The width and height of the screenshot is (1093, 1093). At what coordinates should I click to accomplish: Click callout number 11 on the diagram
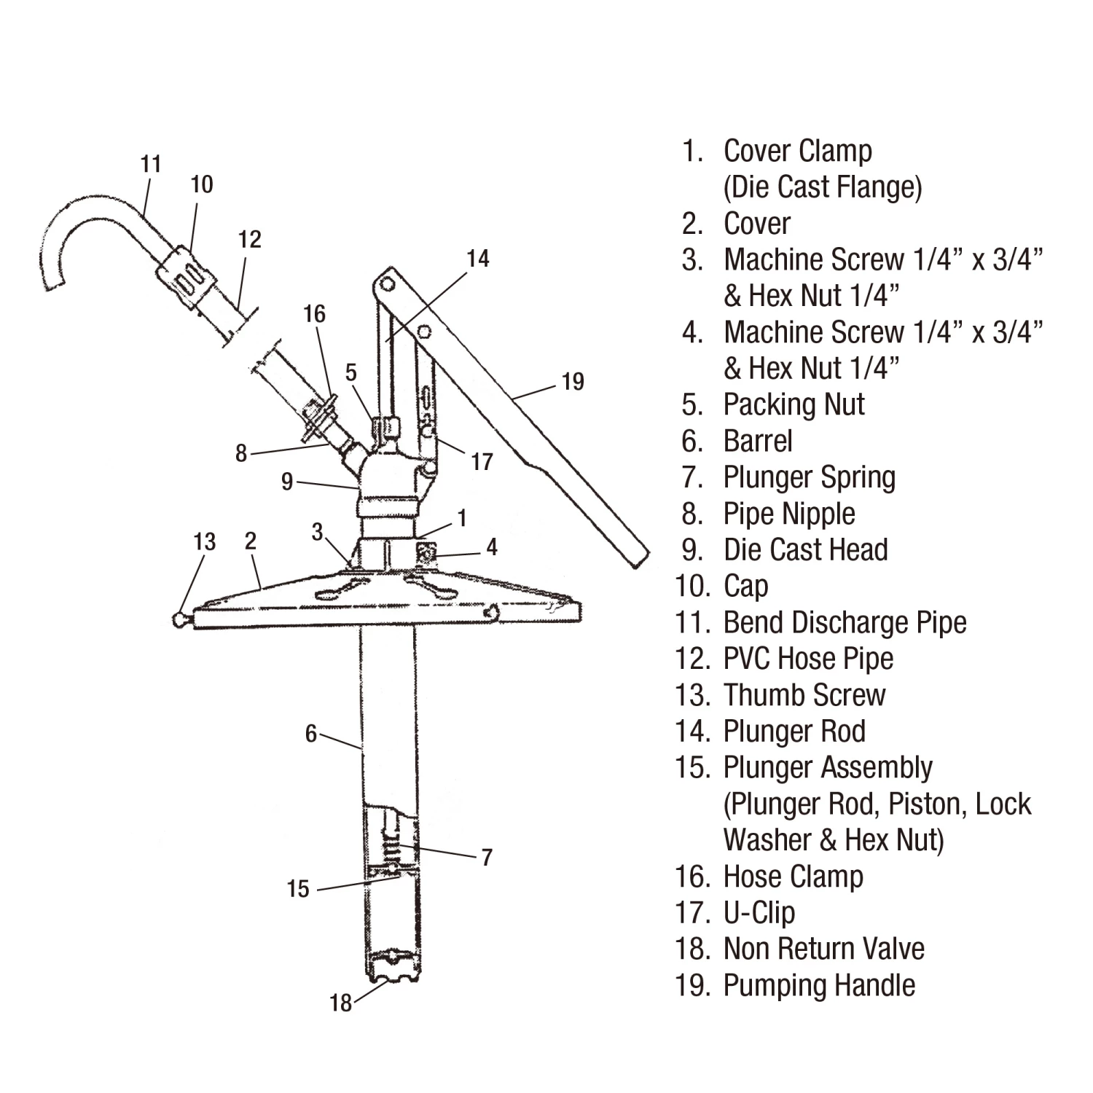coord(151,164)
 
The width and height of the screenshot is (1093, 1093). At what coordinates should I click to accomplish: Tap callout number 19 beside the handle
coord(573,382)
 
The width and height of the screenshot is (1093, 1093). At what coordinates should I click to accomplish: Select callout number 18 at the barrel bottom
coord(340,1003)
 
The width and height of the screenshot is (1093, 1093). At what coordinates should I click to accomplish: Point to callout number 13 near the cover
coord(205,541)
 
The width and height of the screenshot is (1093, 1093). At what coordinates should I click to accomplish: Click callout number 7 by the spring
coord(487,857)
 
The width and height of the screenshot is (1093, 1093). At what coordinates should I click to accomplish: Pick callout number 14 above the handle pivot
coord(478,259)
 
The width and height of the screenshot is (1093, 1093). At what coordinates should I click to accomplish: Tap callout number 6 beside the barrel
coord(311,734)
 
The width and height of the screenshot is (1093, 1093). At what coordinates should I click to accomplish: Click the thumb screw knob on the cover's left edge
coord(180,620)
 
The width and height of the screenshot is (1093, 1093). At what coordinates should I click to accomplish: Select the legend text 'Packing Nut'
coord(794,405)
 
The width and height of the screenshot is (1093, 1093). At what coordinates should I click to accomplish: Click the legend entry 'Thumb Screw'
coord(804,695)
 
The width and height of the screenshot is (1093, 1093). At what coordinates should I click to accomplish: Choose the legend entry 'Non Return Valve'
coord(823,949)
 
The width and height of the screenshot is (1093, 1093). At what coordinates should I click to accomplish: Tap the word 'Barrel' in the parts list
coord(758,442)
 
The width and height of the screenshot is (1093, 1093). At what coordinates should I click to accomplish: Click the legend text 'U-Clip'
coord(759,913)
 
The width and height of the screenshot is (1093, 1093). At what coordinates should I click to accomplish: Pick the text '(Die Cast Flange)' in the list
coord(823,187)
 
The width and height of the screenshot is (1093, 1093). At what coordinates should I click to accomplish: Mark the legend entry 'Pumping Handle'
coord(819,985)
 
